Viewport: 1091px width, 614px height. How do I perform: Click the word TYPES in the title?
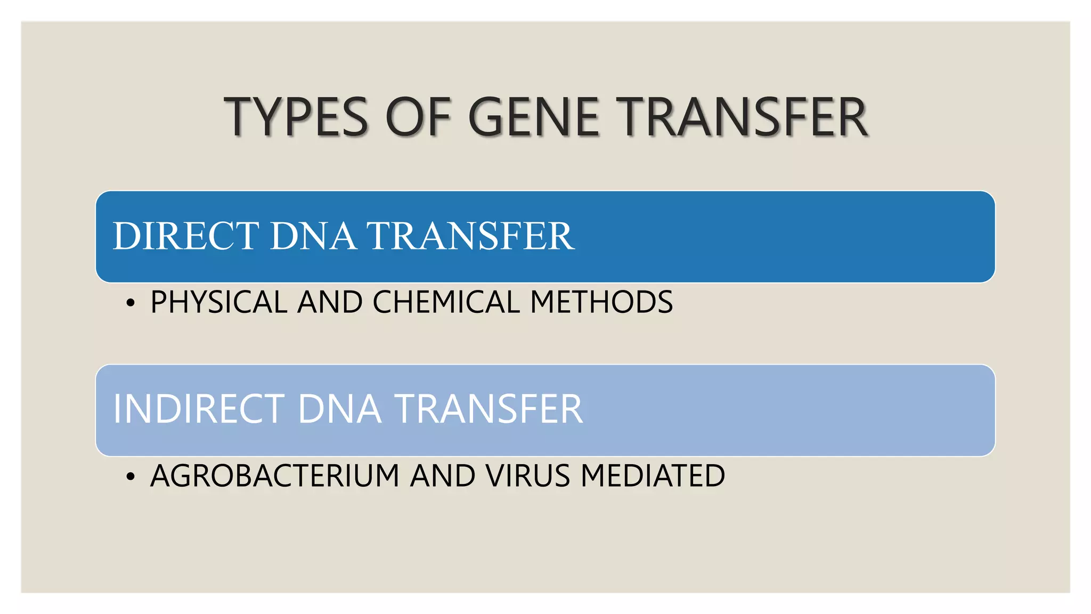(x=296, y=117)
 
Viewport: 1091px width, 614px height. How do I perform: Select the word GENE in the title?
(x=534, y=117)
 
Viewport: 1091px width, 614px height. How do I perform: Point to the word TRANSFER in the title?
(x=745, y=117)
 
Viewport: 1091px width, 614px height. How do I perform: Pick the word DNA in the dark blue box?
(x=313, y=236)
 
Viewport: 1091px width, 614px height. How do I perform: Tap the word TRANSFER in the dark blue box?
(x=470, y=236)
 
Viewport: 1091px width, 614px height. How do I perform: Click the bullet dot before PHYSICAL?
(x=131, y=303)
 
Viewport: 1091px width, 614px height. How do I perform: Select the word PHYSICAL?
(x=219, y=302)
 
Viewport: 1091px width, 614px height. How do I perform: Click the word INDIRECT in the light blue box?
(x=199, y=409)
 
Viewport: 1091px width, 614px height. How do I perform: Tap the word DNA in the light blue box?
(x=339, y=409)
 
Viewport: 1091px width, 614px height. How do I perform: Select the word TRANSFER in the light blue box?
(x=488, y=409)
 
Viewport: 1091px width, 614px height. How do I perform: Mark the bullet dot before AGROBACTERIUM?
(x=131, y=476)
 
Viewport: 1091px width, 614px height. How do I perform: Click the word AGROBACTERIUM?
(x=275, y=475)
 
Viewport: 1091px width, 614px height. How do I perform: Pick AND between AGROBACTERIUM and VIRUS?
(x=442, y=475)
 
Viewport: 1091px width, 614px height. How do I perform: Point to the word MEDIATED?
(x=653, y=475)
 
